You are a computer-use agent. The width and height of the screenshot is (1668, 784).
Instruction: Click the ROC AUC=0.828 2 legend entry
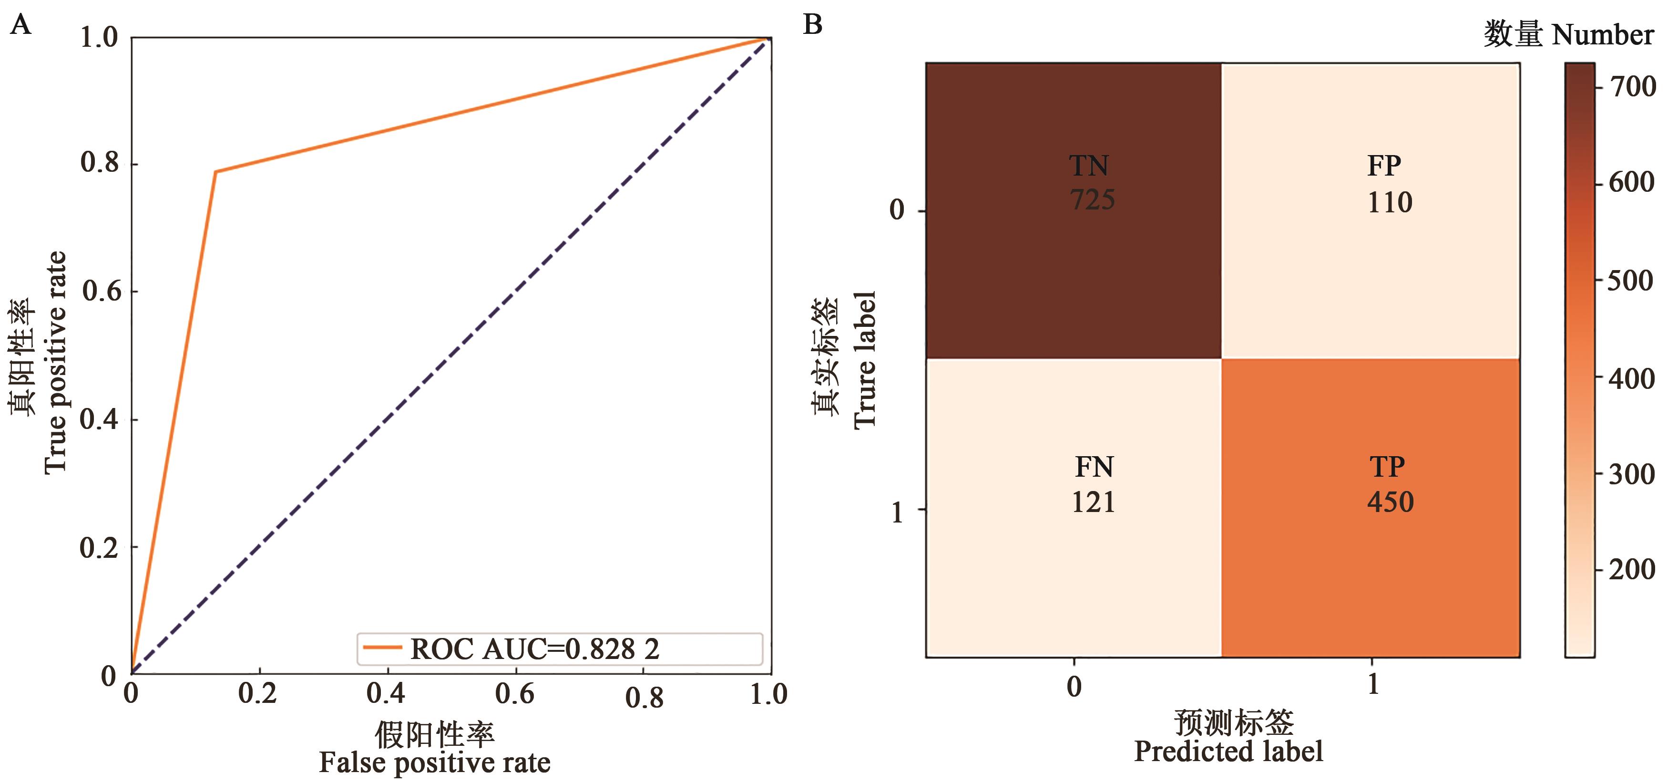coord(534,648)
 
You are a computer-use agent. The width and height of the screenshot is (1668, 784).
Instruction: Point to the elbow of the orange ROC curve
coord(215,172)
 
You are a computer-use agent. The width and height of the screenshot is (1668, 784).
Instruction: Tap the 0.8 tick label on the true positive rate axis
coord(101,163)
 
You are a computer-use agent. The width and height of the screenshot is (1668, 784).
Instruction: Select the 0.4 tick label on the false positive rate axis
coord(386,694)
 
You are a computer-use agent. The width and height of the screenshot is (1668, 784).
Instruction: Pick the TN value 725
coord(1092,199)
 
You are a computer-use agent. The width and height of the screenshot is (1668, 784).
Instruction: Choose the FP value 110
coord(1390,202)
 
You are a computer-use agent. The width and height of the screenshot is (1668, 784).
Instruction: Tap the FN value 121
coord(1093,502)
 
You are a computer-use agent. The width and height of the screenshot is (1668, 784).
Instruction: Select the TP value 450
coord(1390,502)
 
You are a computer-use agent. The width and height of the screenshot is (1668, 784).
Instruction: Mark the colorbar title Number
coord(1603,34)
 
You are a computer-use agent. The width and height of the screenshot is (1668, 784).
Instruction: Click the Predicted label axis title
coord(1228,752)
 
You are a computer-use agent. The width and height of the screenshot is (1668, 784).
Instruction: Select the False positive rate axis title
coord(434,763)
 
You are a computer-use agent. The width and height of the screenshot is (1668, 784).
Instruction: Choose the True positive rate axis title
coord(56,363)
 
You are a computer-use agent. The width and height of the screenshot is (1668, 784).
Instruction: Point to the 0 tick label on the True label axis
coord(897,210)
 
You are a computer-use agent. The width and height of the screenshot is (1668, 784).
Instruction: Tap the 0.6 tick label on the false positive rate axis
coord(515,694)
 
